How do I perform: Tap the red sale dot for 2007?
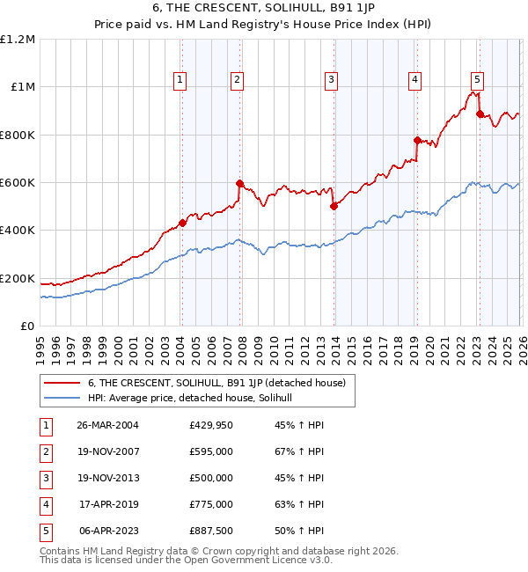coord(239,183)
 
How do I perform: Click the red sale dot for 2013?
coord(334,206)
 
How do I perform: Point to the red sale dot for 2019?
coord(417,140)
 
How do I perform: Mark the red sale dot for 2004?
coord(182,223)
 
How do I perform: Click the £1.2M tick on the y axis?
coord(18,39)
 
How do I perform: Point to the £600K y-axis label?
coord(18,182)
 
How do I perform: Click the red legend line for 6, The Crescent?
coord(62,383)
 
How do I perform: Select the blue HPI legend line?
coord(62,398)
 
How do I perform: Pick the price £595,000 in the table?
coord(210,451)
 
